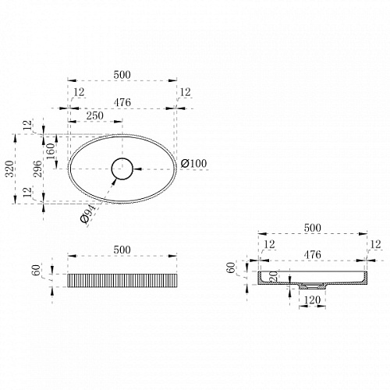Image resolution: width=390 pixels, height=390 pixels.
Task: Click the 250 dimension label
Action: [95, 115]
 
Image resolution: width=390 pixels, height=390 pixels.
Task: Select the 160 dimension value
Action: [51, 151]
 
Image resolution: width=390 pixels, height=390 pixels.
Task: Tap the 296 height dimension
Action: [37, 169]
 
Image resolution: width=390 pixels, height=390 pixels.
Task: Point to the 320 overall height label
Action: [9, 169]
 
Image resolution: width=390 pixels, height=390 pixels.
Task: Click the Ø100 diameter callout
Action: [194, 163]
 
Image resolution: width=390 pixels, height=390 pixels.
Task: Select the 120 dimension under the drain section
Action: [312, 300]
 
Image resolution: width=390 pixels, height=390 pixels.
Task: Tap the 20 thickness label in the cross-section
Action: [273, 276]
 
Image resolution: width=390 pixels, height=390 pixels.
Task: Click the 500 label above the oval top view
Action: [122, 75]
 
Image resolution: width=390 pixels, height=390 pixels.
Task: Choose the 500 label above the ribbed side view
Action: [122, 250]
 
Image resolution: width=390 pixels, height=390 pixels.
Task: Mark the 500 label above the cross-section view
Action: [313, 228]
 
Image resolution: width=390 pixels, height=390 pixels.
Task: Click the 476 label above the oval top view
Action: [122, 102]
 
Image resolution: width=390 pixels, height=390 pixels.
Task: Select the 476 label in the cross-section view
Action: [313, 254]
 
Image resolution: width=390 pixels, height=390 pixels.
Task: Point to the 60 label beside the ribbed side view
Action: [37, 270]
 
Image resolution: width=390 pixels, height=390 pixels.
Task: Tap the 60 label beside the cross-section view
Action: [231, 268]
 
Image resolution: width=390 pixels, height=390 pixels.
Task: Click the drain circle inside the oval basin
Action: [122, 158]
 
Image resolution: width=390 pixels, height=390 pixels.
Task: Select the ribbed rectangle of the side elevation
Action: [122, 281]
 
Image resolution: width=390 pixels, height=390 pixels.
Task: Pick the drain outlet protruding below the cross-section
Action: [313, 286]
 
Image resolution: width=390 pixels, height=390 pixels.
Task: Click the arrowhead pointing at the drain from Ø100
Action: [137, 169]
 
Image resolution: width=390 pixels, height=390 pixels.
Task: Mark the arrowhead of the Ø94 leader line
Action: [114, 181]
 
